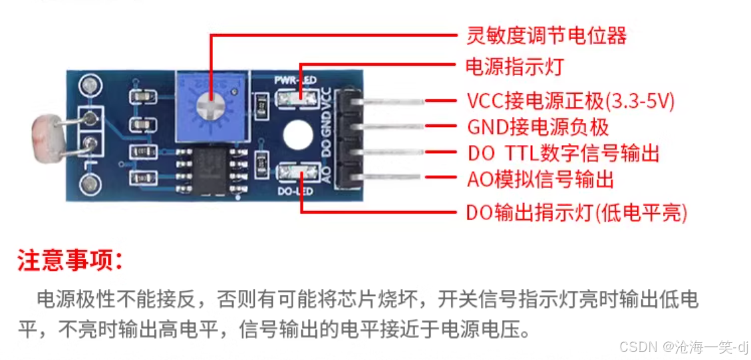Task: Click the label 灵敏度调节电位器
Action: [x=545, y=35]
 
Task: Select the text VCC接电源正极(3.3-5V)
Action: [x=570, y=101]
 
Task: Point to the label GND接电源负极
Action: [x=537, y=126]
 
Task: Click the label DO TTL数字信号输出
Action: [x=563, y=154]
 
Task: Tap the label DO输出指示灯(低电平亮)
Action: [x=576, y=213]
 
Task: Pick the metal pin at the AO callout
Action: [x=392, y=177]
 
